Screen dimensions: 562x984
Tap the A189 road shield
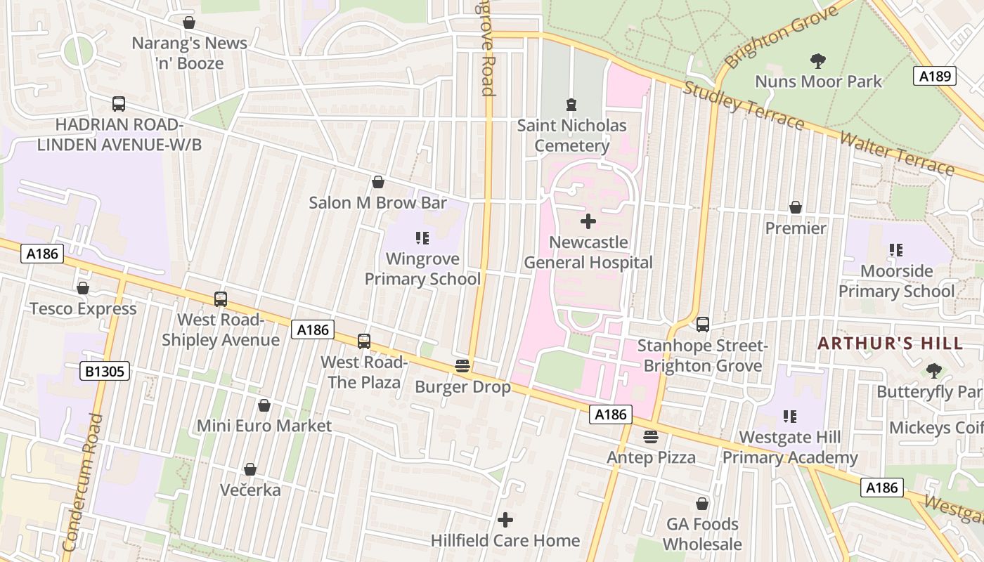pos(935,76)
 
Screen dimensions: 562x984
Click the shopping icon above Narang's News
pos(189,22)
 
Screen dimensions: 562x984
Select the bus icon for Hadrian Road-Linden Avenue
pos(119,104)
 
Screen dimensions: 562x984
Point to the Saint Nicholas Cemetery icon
pos(571,105)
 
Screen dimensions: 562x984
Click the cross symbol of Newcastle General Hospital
pos(588,222)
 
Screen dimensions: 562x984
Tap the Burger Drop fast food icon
pos(462,366)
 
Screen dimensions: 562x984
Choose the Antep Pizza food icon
pos(651,437)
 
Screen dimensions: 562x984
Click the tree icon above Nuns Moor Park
pos(817,60)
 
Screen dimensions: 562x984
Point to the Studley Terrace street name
pos(743,105)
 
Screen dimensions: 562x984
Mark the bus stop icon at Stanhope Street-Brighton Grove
pos(702,325)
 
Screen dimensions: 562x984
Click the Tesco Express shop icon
pos(83,288)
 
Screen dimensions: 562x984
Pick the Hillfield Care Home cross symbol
pos(505,520)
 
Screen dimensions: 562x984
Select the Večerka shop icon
pos(250,469)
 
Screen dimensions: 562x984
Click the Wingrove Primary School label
pos(422,269)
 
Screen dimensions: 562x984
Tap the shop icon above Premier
pos(796,207)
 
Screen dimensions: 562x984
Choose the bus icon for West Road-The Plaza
pos(363,341)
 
